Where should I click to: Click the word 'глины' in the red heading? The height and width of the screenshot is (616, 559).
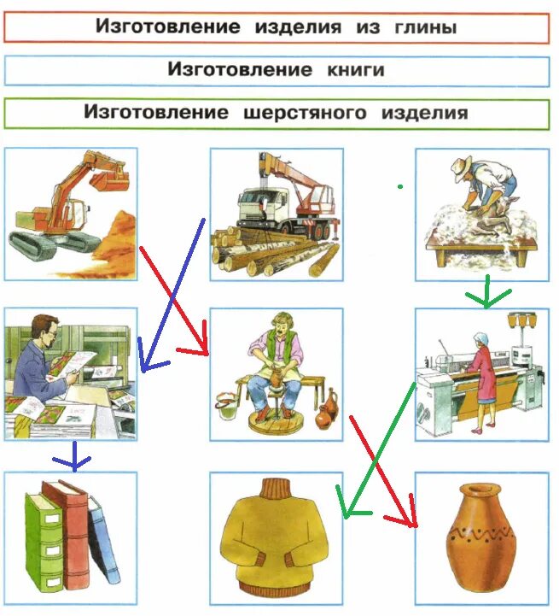click(x=419, y=27)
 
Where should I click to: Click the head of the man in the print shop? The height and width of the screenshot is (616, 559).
click(x=44, y=328)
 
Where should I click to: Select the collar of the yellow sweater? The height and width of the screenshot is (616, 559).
click(x=275, y=490)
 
